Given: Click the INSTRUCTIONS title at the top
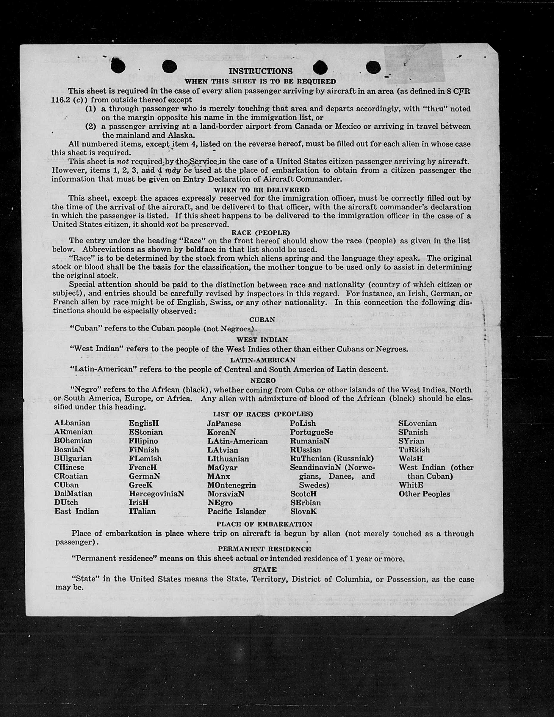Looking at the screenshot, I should (260, 71).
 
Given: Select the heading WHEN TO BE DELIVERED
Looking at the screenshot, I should (262, 190).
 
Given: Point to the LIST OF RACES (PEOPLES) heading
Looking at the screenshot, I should (263, 414).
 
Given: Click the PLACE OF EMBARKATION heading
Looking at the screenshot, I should (264, 524).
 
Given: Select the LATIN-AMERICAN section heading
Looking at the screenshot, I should (262, 360).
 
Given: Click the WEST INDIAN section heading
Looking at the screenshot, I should (262, 339).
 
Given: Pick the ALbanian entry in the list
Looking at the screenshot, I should (72, 423).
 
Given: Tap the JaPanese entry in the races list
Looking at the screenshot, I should (224, 424).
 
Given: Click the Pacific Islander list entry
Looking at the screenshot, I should (236, 512).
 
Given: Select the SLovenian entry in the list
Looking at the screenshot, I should (418, 424).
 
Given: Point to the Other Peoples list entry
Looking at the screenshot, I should (424, 494).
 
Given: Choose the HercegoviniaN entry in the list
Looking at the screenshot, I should (156, 494).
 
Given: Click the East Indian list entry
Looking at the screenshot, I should (76, 511).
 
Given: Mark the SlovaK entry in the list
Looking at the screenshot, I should (303, 512).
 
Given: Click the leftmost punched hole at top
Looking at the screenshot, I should (118, 66).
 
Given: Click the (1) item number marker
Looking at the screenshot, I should (91, 109).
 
